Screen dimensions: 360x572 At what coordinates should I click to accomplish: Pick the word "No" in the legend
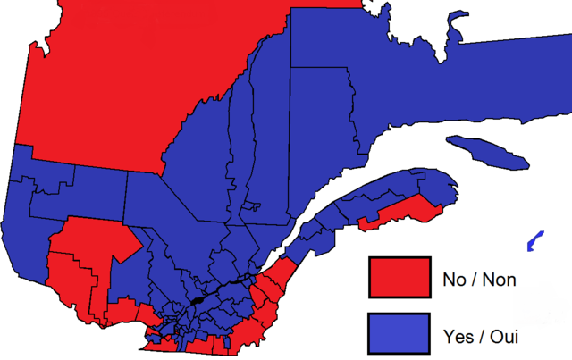453,280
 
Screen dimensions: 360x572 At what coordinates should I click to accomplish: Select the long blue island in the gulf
487,152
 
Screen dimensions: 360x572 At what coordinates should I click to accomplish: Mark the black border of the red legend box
369,277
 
